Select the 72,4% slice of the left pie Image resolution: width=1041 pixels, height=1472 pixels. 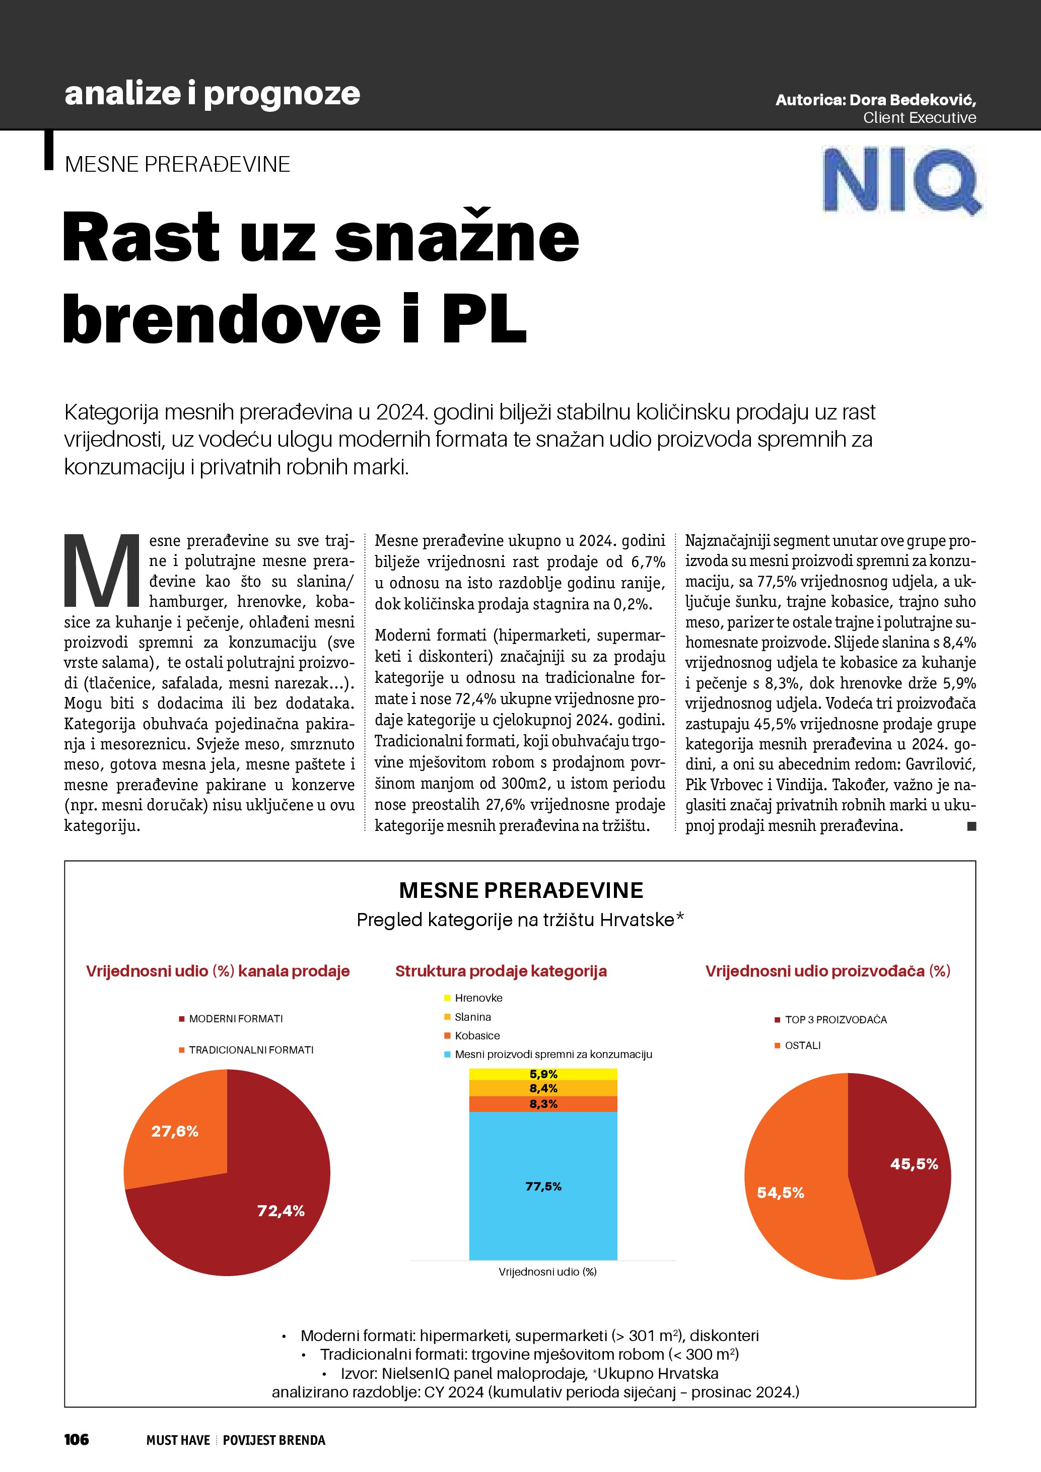[256, 1218]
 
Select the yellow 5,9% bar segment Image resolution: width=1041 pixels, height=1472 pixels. [543, 1074]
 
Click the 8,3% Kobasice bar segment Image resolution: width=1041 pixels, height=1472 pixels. [543, 1103]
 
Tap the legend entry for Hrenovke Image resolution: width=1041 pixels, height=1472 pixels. [478, 998]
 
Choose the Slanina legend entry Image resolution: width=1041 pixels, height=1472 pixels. [472, 1017]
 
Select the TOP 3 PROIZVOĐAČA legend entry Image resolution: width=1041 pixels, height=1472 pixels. [835, 1019]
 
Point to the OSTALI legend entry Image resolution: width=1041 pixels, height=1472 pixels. [802, 1045]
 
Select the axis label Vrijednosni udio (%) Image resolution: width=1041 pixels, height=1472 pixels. [547, 1272]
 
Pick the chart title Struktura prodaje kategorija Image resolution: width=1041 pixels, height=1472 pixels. [501, 970]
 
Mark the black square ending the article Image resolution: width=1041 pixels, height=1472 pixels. [971, 826]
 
